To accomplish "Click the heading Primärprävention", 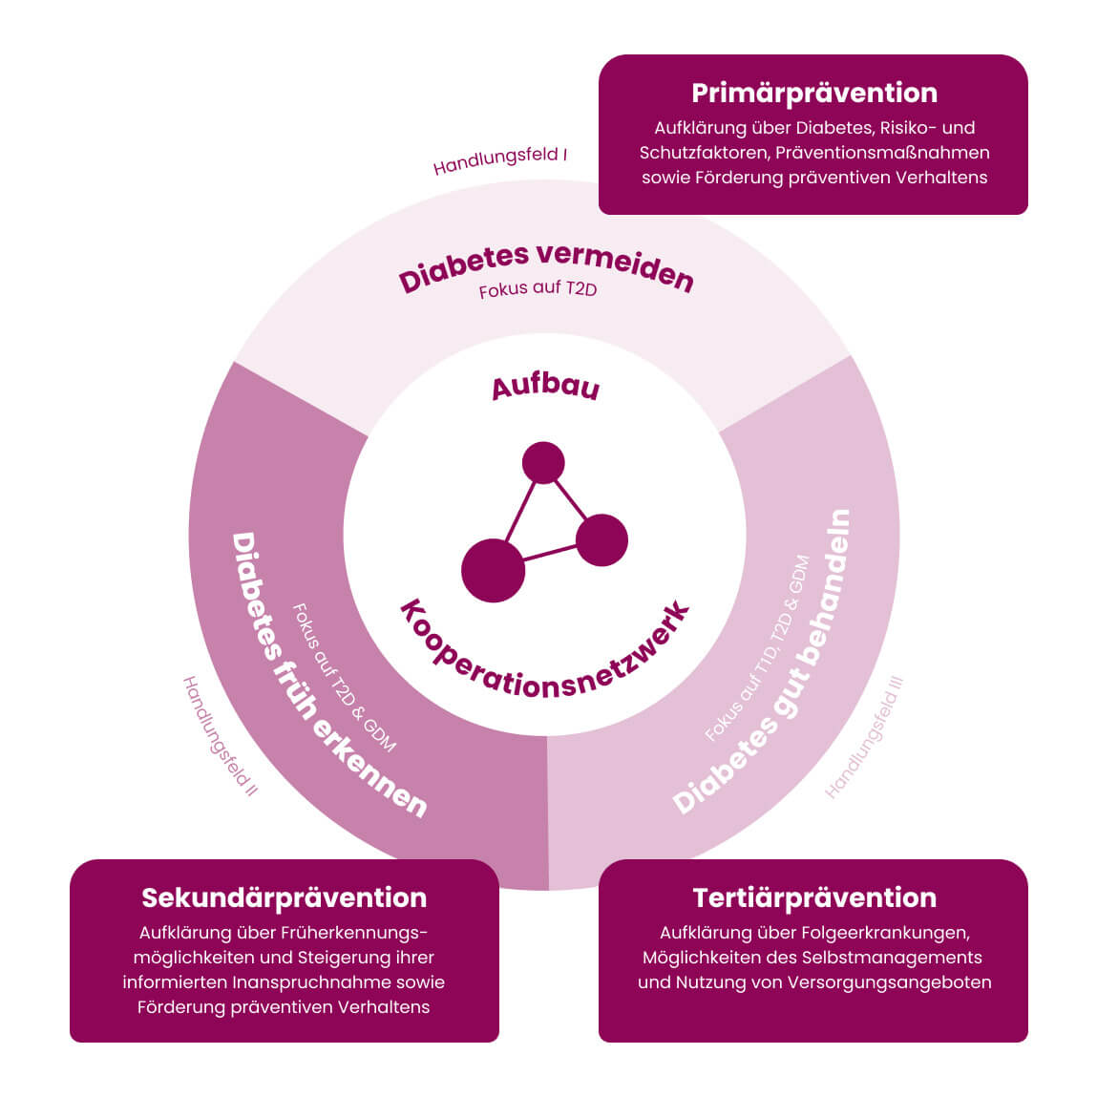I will click(x=813, y=93).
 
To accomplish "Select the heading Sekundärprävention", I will click(x=284, y=897).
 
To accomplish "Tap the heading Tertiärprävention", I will click(x=813, y=897).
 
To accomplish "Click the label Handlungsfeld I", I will click(x=500, y=161).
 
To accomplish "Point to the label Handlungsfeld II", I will click(x=221, y=736).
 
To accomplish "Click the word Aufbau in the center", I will click(x=545, y=388).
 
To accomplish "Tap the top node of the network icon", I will click(x=543, y=463).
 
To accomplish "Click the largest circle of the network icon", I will click(x=493, y=571).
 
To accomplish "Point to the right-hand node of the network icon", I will click(x=601, y=539).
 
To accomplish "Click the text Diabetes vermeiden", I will click(x=545, y=267).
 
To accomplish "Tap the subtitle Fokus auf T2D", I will click(x=538, y=288).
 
